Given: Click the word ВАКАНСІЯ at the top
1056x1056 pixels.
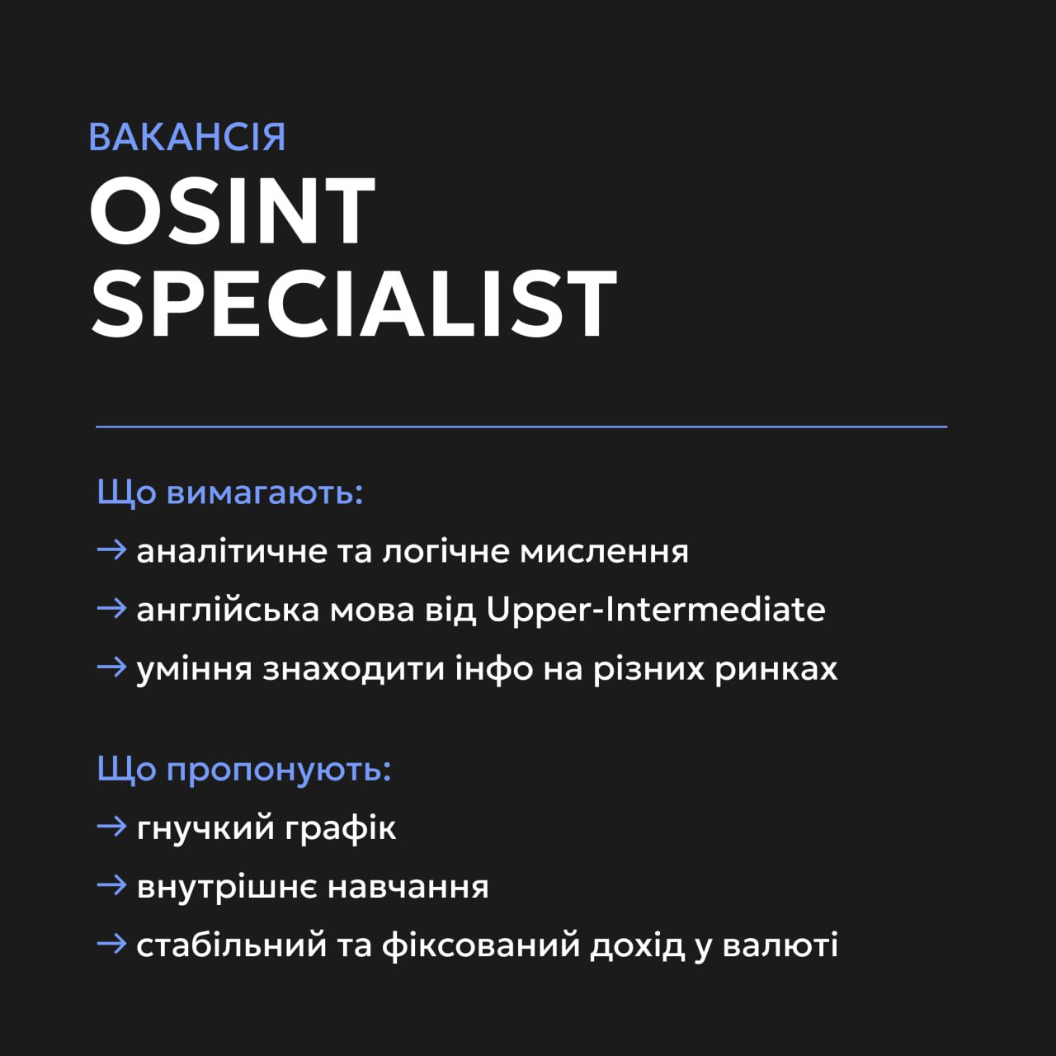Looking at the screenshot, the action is click(187, 137).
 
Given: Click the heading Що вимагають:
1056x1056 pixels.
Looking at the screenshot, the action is click(230, 493).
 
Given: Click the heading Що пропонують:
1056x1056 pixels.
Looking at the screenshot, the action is click(244, 770).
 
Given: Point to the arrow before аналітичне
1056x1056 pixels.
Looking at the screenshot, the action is click(112, 550).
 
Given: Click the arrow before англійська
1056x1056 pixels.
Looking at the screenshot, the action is click(112, 609).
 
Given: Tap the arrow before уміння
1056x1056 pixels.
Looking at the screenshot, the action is click(112, 667).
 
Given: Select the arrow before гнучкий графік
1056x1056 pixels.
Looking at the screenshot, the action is click(112, 827).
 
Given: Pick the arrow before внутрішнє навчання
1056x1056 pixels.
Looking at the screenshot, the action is click(112, 885).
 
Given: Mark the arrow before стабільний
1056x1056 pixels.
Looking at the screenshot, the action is click(112, 944).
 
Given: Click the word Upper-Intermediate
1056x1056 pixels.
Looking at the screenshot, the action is click(656, 610).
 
